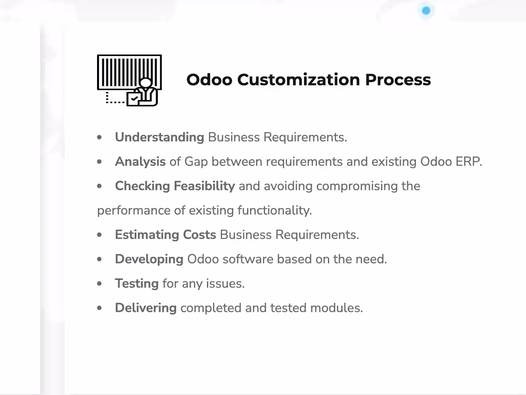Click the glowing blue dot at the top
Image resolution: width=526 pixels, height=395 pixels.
click(426, 11)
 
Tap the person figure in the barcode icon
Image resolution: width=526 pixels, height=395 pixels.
click(145, 90)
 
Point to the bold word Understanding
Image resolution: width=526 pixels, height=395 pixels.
click(159, 137)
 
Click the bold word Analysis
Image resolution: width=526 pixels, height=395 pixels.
click(140, 162)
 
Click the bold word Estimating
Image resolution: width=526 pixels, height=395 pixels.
click(147, 235)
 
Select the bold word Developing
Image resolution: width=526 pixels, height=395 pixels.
click(149, 260)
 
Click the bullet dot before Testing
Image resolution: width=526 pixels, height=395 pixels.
click(99, 284)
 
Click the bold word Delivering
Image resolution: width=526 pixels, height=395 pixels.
click(145, 308)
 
